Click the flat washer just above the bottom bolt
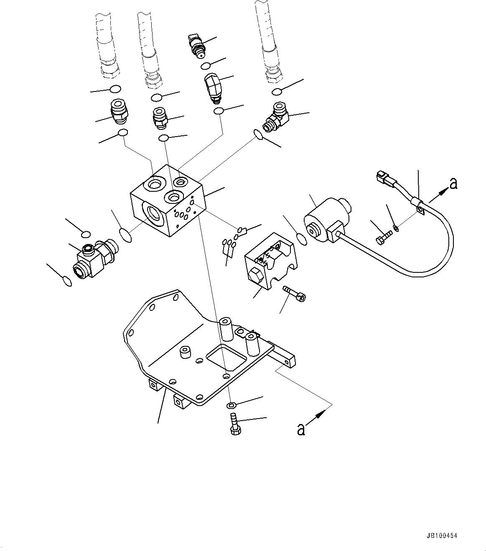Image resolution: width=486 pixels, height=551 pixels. coord(231,405)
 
